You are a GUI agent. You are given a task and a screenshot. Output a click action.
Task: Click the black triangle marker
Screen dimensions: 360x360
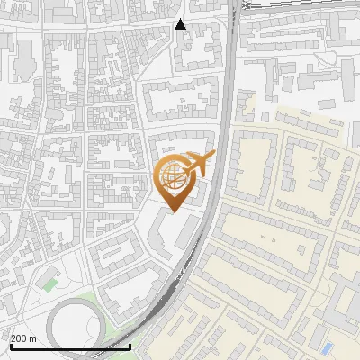pyautogui.click(x=181, y=24)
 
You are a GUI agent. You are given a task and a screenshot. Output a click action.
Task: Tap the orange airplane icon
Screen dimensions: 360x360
pyautogui.click(x=200, y=165)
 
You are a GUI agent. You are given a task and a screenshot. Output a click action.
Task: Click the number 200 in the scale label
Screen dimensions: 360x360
pyautogui.click(x=20, y=337)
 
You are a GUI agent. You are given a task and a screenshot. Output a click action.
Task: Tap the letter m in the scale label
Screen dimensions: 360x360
pyautogui.click(x=33, y=337)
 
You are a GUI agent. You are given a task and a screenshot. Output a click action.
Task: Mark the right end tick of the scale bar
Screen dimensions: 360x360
pyautogui.click(x=130, y=345)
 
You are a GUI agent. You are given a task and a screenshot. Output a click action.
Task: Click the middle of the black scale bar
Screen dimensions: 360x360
pyautogui.click(x=70, y=346)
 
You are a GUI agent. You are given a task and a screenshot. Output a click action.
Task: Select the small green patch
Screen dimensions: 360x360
pyautogui.click(x=49, y=284)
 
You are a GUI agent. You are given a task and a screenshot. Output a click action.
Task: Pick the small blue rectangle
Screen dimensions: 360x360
pyautogui.click(x=327, y=346)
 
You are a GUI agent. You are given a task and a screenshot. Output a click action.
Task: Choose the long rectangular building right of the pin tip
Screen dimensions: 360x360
pyautogui.click(x=187, y=230)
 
